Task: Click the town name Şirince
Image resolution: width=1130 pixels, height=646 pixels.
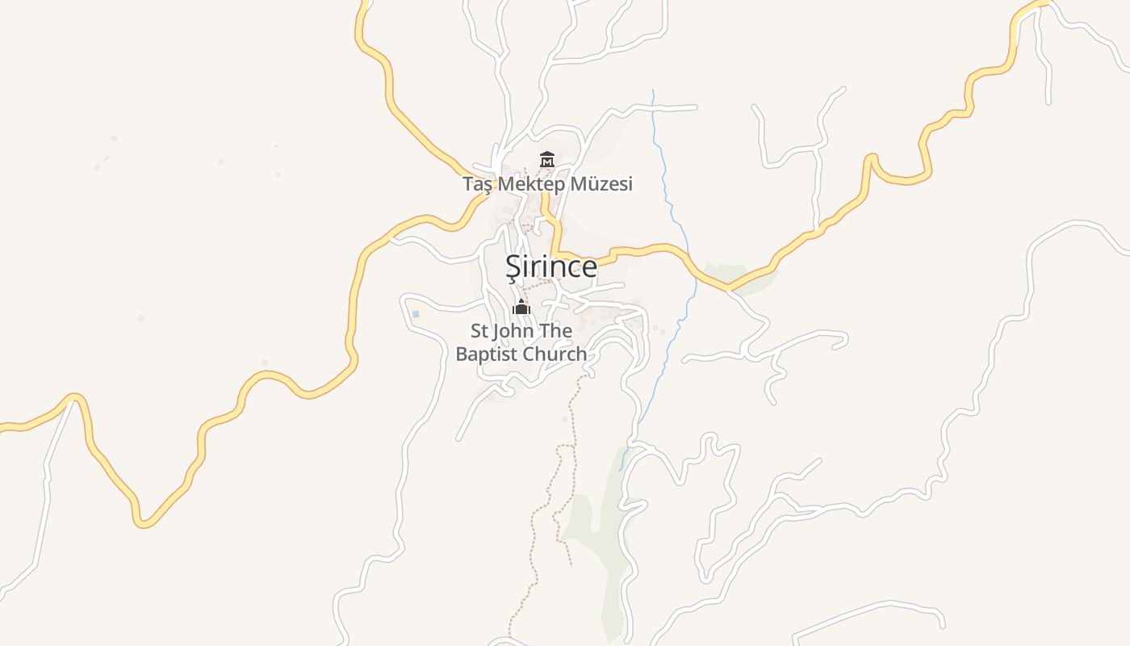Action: (551, 266)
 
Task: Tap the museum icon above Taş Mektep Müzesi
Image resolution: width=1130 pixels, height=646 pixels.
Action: (547, 159)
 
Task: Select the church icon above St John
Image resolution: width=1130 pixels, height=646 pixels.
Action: (521, 307)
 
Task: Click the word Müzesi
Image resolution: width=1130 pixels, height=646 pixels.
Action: (601, 184)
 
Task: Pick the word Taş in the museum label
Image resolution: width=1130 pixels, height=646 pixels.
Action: (477, 185)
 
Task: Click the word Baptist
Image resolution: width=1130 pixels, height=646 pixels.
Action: (487, 354)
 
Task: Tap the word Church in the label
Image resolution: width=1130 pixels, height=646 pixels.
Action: (555, 354)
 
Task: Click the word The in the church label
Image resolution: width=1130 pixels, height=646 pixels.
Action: (557, 331)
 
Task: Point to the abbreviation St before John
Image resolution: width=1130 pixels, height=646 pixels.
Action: (479, 331)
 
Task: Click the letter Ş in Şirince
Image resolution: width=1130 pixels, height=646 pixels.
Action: (513, 267)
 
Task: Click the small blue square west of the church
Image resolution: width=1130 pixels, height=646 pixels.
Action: (416, 313)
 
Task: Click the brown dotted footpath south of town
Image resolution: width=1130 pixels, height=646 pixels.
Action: (575, 420)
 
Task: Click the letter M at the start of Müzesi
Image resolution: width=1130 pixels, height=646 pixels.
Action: (579, 184)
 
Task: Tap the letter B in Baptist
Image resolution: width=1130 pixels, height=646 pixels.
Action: (462, 354)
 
